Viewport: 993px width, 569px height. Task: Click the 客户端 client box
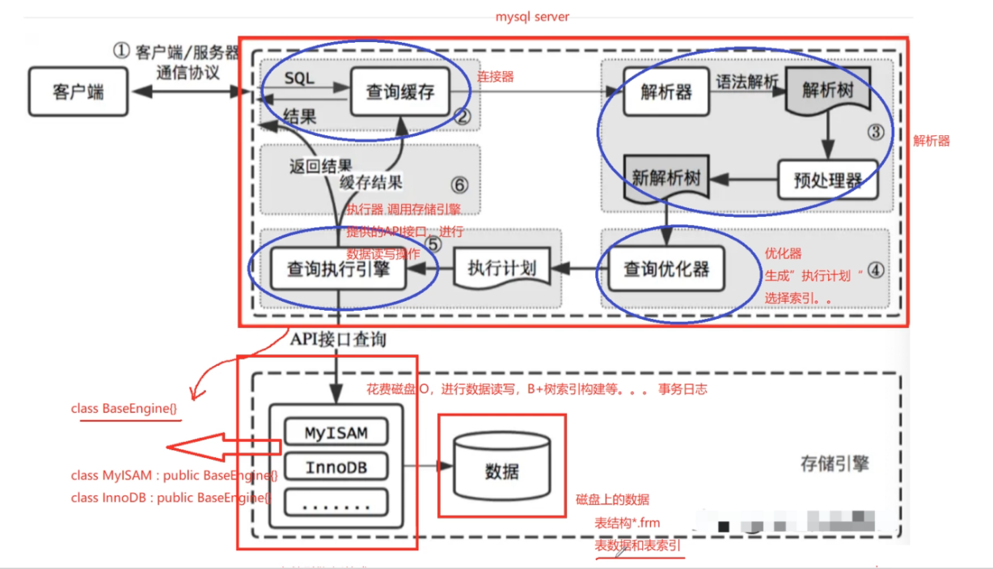point(78,91)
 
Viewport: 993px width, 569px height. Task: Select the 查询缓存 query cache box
point(400,91)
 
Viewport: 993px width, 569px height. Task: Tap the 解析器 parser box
point(666,91)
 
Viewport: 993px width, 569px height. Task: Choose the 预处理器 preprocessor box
point(826,180)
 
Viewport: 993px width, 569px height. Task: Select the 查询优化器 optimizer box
point(666,269)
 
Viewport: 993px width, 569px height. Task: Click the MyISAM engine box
point(335,432)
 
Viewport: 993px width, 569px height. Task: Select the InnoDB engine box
point(335,468)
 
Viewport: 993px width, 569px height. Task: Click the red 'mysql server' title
point(532,16)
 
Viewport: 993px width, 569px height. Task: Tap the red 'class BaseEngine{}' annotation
point(124,409)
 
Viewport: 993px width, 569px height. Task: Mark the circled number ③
point(876,131)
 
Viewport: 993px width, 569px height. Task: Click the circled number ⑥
point(458,185)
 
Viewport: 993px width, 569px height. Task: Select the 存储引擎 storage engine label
point(835,464)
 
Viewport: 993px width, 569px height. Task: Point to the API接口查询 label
point(338,340)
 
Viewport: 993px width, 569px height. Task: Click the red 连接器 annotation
point(495,77)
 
